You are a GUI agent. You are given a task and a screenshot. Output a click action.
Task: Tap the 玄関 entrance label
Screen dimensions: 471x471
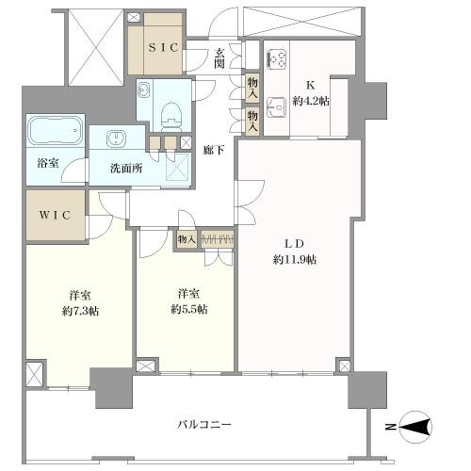pyautogui.click(x=219, y=58)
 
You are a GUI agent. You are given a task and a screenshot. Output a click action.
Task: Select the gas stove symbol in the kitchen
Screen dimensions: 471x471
pyautogui.click(x=278, y=58)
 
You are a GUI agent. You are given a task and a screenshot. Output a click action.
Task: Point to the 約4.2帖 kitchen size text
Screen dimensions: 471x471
pyautogui.click(x=310, y=101)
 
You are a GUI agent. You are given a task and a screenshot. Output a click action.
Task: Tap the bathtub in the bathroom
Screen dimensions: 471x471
pyautogui.click(x=56, y=131)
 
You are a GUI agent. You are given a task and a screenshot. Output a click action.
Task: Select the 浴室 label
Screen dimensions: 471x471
pyautogui.click(x=47, y=163)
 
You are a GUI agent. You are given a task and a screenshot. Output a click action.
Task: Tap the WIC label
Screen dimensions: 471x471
pyautogui.click(x=56, y=214)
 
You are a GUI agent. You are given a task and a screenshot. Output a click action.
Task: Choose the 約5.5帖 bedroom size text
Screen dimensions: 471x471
pyautogui.click(x=187, y=309)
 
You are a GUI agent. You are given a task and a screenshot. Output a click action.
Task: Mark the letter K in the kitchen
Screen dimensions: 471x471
pyautogui.click(x=310, y=82)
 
